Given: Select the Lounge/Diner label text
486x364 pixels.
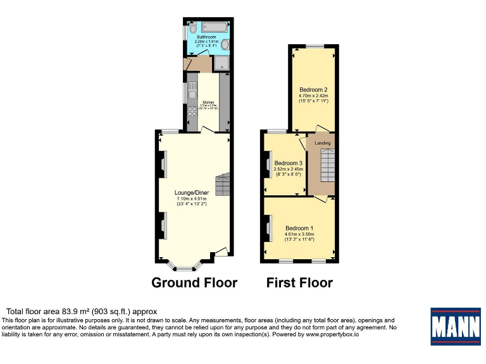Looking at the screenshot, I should pos(192,192).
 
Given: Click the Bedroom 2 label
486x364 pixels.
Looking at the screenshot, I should pos(312,89).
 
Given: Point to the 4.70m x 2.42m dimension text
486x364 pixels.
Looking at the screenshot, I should pos(312,95).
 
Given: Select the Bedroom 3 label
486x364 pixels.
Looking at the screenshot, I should pos(289,162).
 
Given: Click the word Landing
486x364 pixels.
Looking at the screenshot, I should pos(323,143).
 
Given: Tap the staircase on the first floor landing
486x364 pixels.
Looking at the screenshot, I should pos(325,169).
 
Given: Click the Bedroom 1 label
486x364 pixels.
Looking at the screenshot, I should pos(299,228).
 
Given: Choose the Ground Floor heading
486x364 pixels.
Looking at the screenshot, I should pos(194,282).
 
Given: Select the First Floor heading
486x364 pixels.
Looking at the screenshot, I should pos(300,282).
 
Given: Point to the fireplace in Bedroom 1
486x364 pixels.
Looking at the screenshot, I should pos(267,228).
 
